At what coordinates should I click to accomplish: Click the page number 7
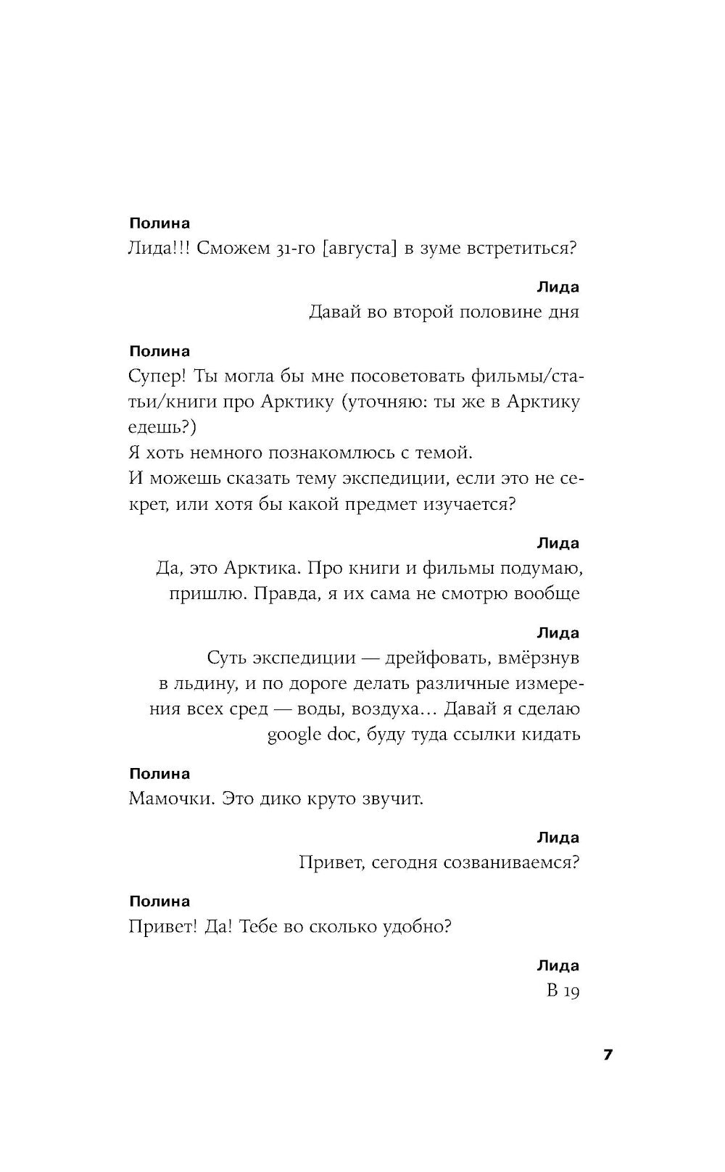pyautogui.click(x=608, y=1055)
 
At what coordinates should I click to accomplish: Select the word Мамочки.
pyautogui.click(x=172, y=798)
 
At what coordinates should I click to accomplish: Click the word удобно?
pyautogui.click(x=417, y=926)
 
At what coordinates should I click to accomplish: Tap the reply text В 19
pyautogui.click(x=563, y=991)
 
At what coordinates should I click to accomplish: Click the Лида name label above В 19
pyautogui.click(x=558, y=965)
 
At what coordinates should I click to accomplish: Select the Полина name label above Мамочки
pyautogui.click(x=159, y=774)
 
